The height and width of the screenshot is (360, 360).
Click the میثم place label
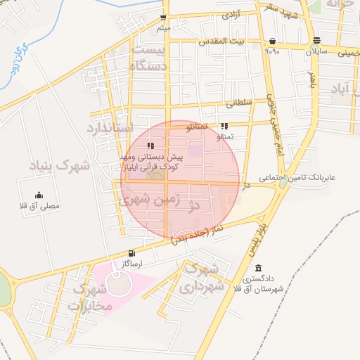click(163, 28)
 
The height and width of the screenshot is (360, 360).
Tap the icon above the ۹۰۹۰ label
click(272, 41)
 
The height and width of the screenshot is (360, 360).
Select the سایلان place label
click(316, 51)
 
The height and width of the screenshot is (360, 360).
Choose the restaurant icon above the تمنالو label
click(224, 126)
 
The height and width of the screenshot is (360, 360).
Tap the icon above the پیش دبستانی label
click(150, 146)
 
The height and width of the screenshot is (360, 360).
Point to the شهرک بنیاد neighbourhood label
click(60, 167)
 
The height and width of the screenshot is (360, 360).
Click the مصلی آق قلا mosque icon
click(39, 196)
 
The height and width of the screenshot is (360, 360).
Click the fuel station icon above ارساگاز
click(131, 254)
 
